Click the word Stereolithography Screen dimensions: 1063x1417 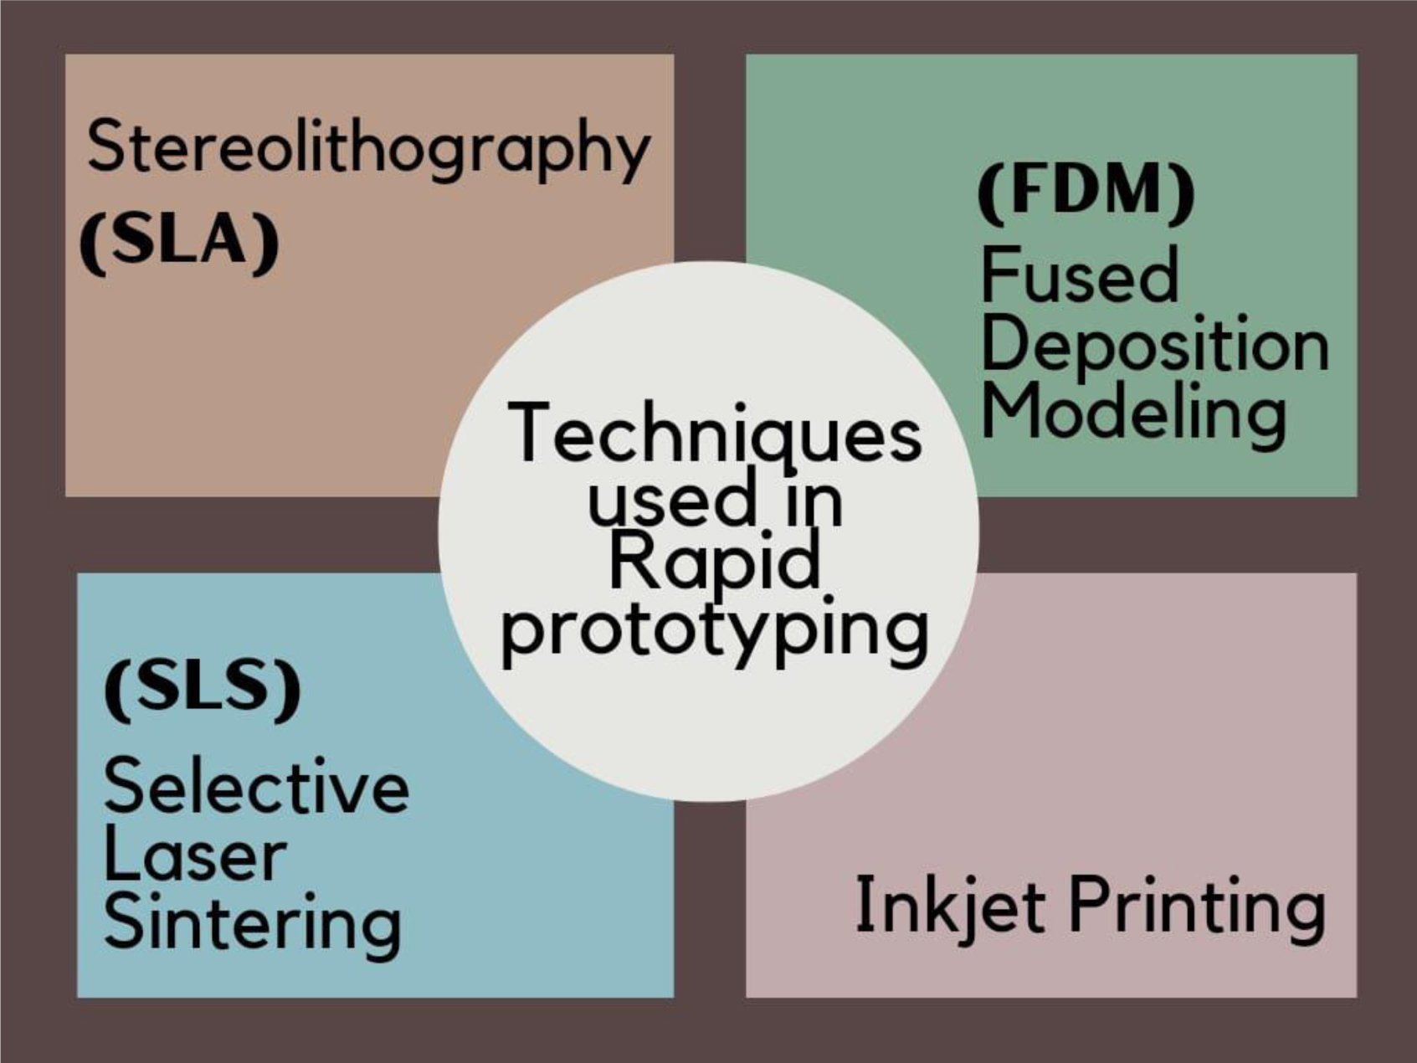368,148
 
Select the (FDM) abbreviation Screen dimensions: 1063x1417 1086,192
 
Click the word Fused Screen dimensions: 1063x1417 1080,275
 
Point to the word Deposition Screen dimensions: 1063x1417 1155,345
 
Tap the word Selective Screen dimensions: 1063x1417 256,786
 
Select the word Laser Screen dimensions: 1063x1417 195,855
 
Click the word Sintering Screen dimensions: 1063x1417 253,922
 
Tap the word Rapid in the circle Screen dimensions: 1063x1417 714,563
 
